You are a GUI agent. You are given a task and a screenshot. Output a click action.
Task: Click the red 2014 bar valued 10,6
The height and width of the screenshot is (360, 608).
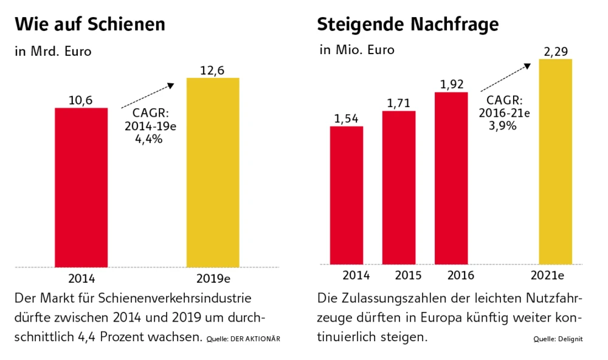point(81,187)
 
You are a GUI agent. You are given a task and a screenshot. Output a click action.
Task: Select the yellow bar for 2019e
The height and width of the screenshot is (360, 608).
point(212,172)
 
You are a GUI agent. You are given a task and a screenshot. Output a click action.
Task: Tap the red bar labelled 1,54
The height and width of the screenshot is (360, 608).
point(346,195)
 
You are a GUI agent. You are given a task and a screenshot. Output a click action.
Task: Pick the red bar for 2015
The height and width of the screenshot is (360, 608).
point(399,187)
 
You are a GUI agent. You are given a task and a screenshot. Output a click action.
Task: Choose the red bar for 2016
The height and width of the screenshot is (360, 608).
point(451,178)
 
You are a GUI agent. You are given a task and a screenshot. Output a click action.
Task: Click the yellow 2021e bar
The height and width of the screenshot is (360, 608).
point(555,161)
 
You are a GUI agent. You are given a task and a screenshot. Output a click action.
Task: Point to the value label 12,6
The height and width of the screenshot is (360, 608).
point(212,71)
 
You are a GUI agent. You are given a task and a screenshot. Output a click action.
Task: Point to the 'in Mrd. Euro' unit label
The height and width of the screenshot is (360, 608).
point(53,52)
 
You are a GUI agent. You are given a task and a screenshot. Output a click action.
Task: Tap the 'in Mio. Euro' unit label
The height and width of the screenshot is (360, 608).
point(357,50)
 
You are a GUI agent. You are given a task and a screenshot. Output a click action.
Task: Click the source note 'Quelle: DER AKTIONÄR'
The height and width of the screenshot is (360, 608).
point(243,338)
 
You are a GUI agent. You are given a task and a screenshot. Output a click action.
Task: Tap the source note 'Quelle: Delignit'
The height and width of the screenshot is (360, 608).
point(558,339)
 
